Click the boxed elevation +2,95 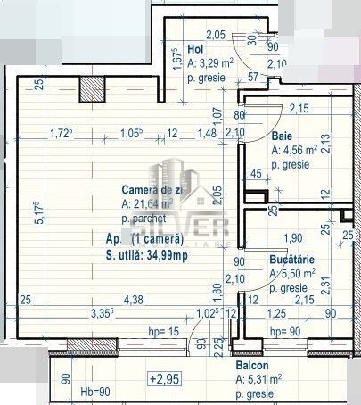[157, 379]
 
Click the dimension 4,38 [134, 299]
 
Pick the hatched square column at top [92, 88]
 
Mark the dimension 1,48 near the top [207, 134]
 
